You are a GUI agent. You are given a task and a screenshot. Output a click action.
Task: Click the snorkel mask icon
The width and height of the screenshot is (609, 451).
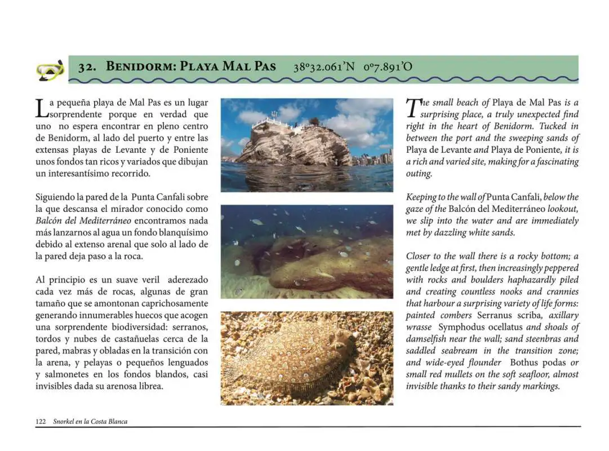(50, 70)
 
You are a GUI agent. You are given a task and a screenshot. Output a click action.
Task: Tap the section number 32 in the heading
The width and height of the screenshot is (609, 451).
(86, 67)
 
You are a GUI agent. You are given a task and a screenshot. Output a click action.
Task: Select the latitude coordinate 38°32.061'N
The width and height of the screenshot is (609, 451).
(324, 67)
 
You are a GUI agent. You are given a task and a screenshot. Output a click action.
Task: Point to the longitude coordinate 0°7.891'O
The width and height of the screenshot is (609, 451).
(388, 67)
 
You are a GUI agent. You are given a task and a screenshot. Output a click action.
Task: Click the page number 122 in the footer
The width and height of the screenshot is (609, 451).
(41, 421)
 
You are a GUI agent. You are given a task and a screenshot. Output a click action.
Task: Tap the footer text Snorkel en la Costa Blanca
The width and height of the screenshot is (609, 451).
(90, 421)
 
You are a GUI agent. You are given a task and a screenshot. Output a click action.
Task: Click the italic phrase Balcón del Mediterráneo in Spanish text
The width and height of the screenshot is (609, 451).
(73, 220)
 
